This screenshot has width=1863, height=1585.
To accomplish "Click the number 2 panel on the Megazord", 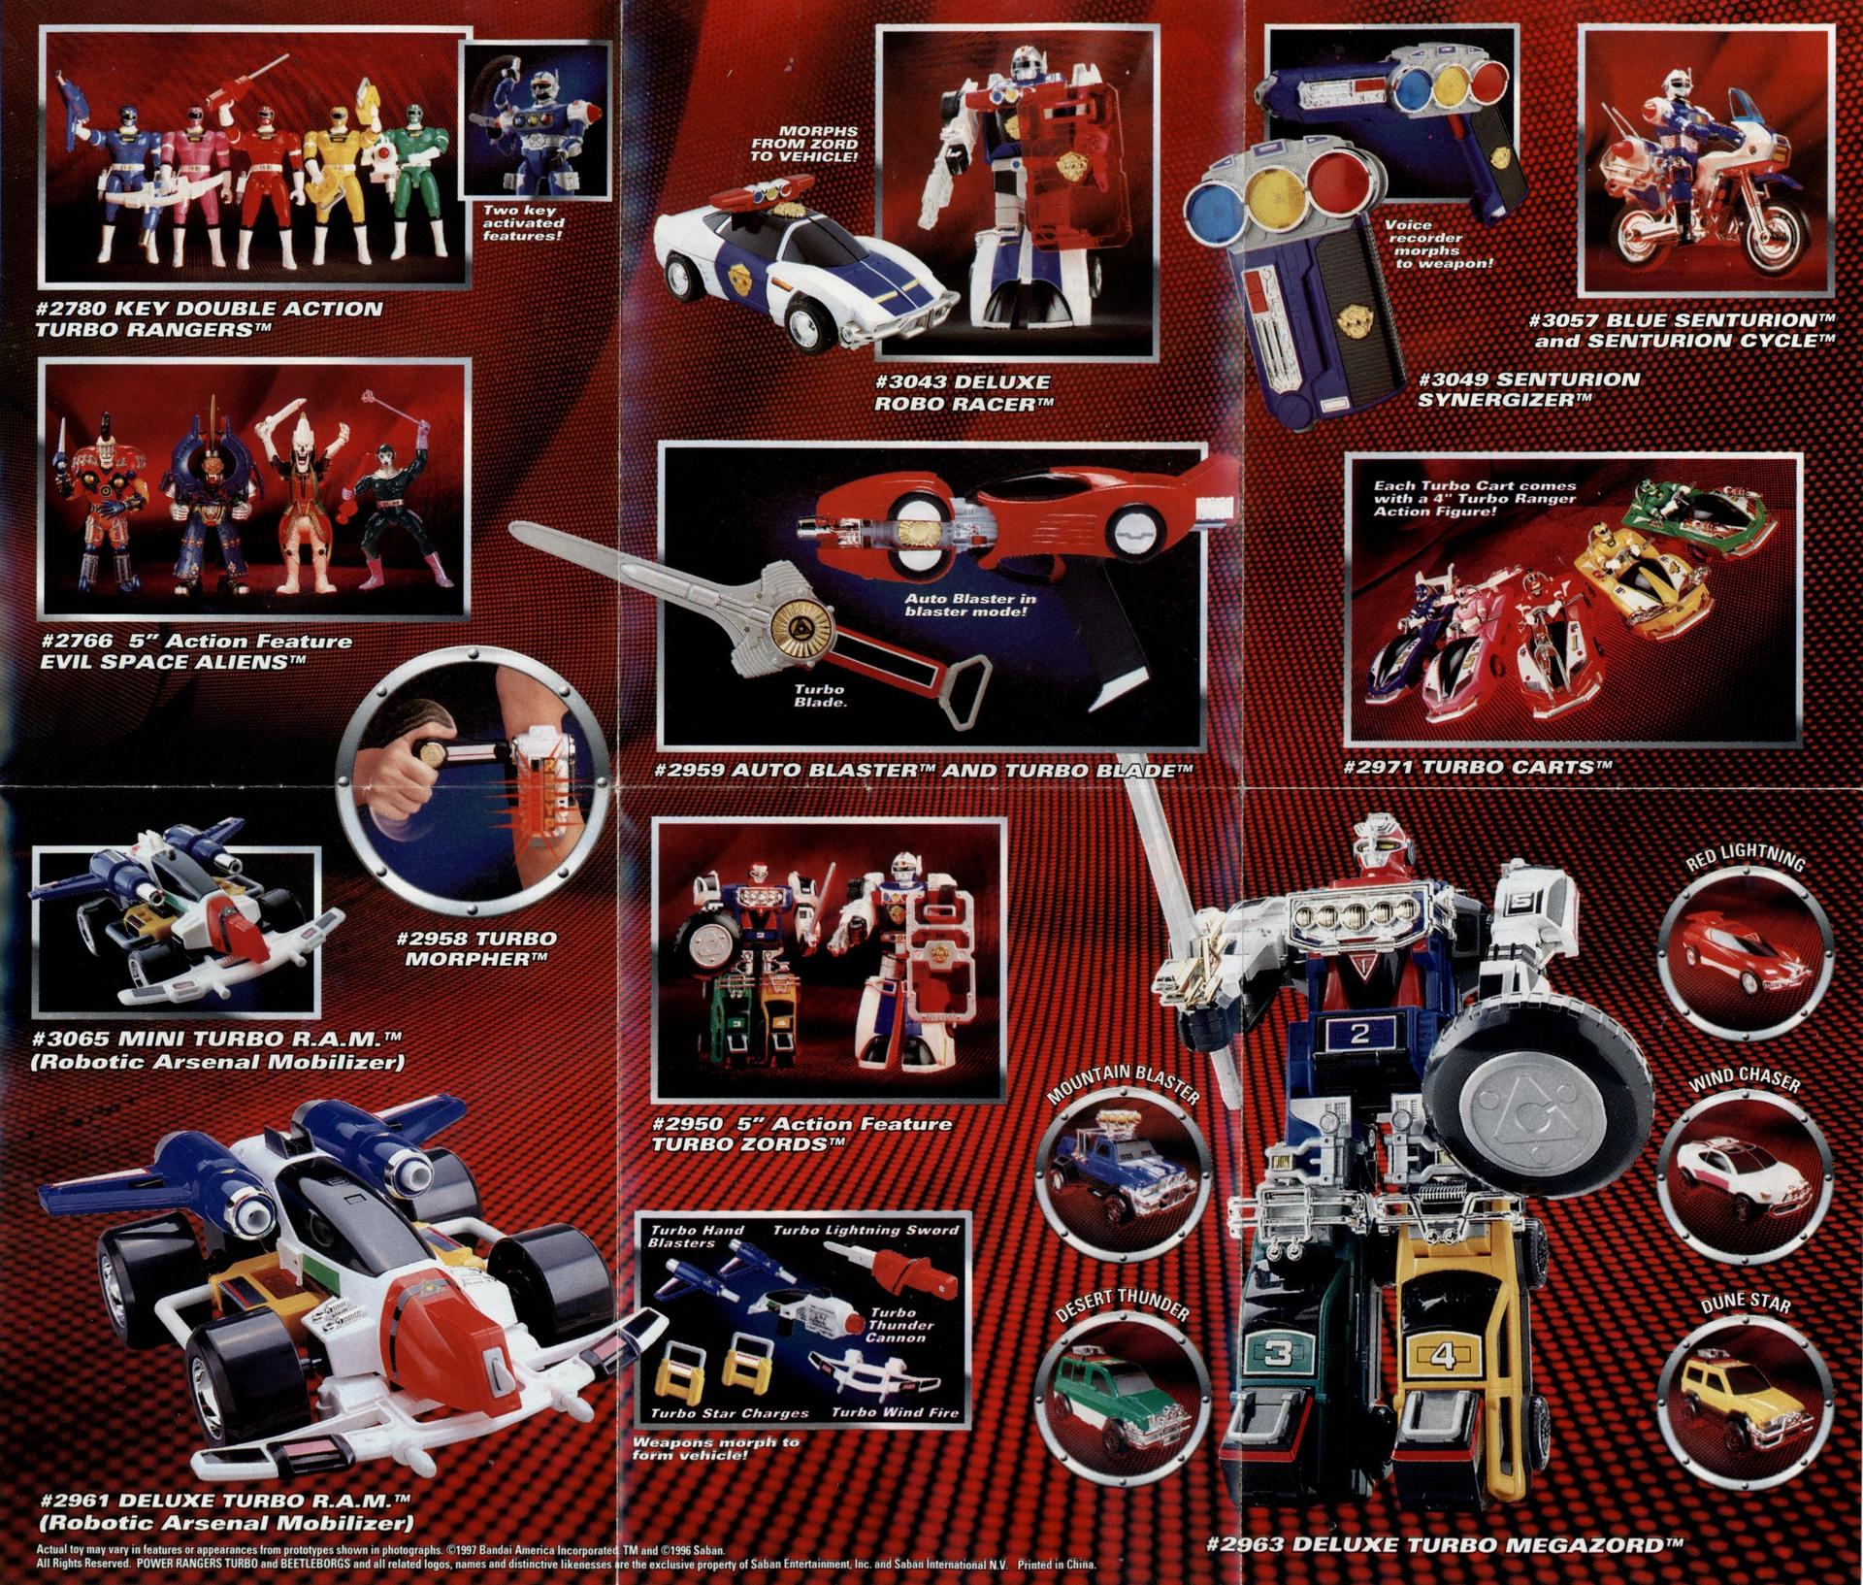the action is (x=1358, y=1034).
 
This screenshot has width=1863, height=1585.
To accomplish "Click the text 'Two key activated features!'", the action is (x=524, y=222).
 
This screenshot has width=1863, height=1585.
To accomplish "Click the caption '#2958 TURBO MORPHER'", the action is (x=475, y=948).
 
